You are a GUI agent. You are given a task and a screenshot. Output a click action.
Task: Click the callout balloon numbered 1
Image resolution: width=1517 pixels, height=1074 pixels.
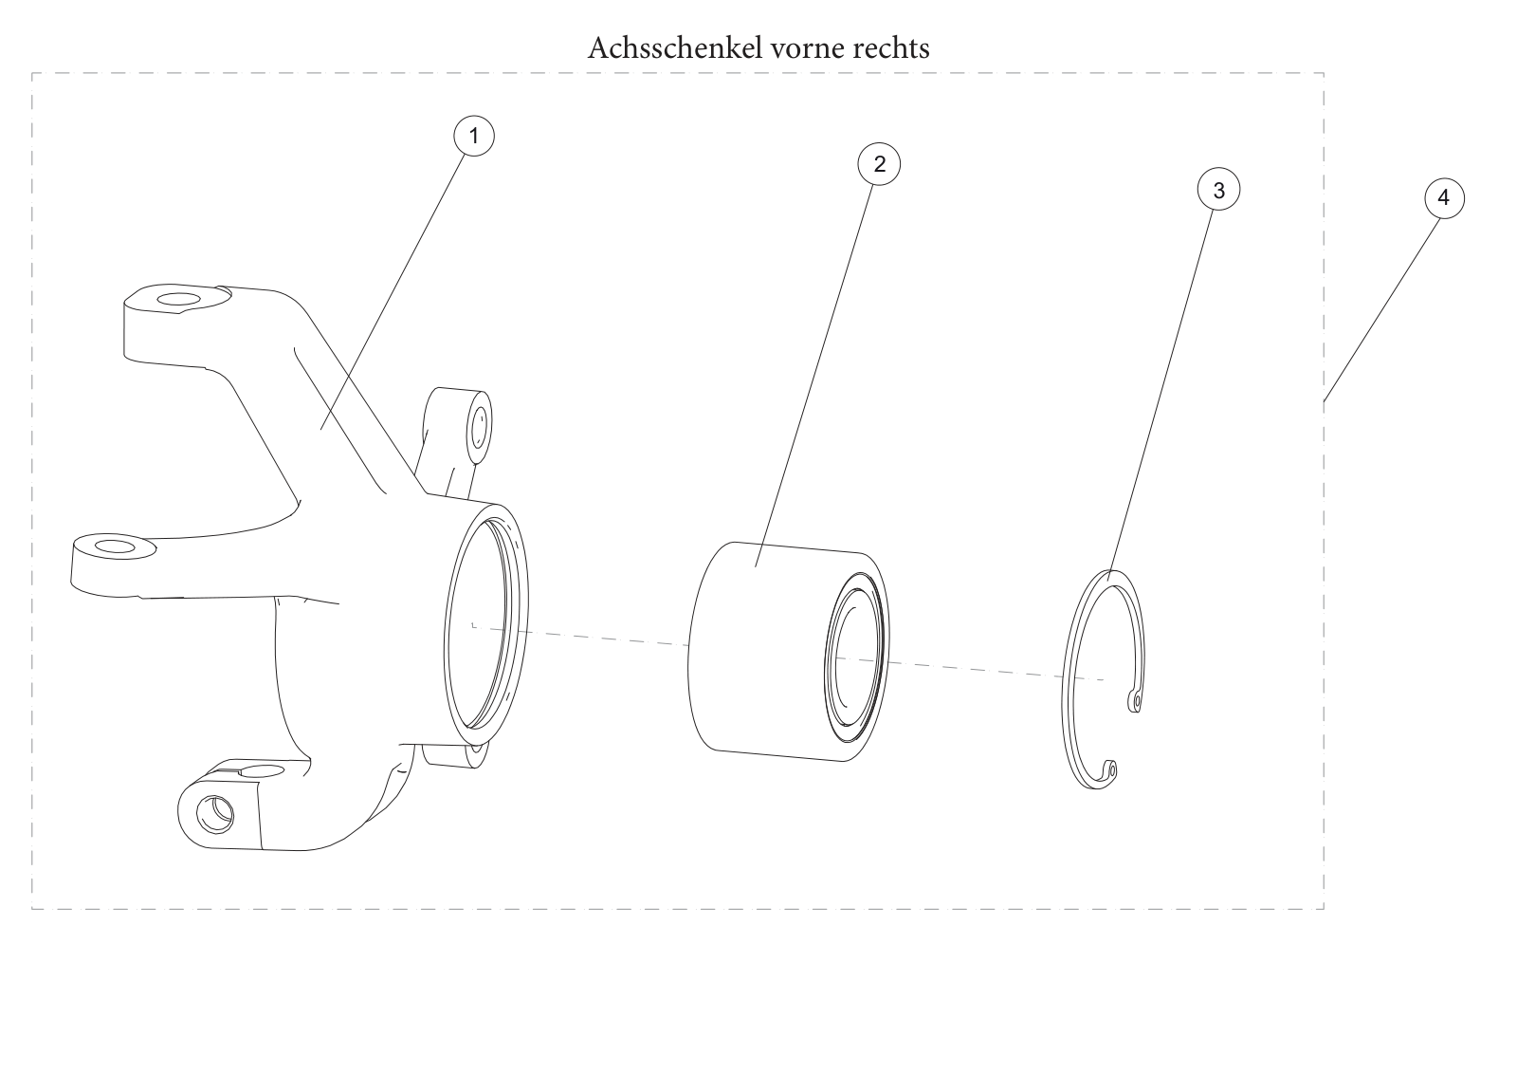[474, 137]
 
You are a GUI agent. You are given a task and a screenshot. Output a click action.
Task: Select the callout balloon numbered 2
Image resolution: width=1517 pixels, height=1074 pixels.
[879, 164]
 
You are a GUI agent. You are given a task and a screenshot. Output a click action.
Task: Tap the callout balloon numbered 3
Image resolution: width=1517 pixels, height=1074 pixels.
[1219, 190]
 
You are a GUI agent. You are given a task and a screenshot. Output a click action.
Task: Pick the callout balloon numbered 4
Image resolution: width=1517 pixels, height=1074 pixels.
[1445, 198]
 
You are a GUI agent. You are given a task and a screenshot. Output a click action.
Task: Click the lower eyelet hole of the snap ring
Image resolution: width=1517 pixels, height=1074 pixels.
[1113, 769]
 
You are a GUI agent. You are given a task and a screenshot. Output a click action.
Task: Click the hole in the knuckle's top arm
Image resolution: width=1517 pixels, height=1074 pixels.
[179, 300]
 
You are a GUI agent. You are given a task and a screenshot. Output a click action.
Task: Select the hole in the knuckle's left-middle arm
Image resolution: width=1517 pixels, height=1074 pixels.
[116, 546]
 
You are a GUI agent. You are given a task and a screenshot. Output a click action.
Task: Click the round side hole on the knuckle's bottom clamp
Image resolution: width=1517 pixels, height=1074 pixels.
[215, 814]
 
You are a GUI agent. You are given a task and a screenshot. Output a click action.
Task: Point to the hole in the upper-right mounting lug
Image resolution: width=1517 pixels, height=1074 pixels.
[480, 427]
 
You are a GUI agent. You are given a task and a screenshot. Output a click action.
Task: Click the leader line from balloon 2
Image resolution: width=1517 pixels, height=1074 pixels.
[814, 376]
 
